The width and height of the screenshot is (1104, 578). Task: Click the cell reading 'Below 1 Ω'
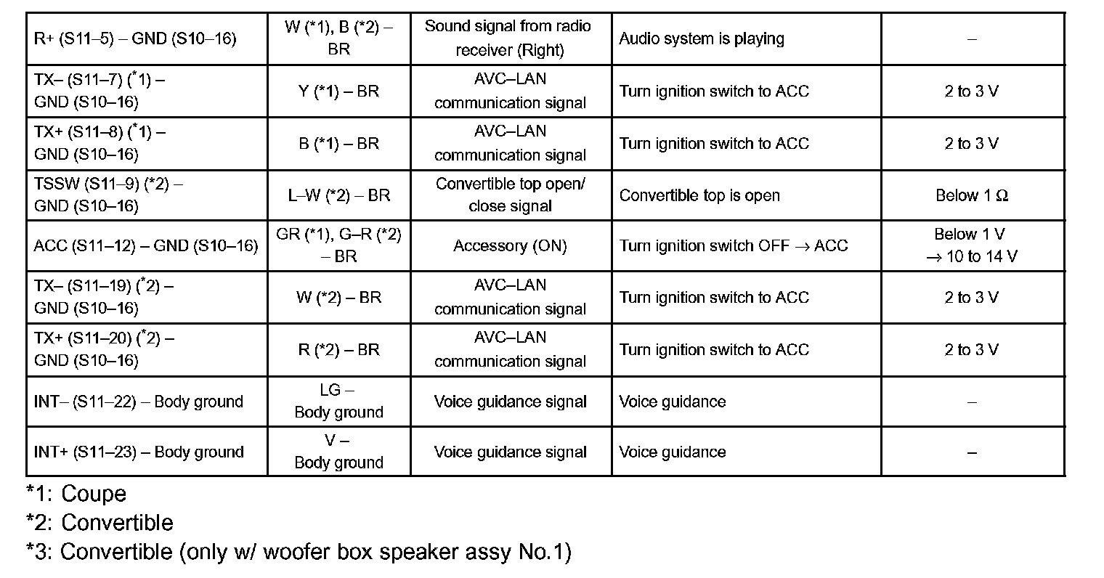point(972,195)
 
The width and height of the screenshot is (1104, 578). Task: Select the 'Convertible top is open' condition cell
point(699,195)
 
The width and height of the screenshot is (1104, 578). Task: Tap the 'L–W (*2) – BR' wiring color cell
point(338,195)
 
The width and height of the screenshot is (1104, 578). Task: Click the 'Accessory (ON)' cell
point(510,246)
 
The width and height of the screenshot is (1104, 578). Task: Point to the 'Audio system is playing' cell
point(701,38)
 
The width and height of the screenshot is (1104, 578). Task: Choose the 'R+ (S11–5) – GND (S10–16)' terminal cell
point(135,38)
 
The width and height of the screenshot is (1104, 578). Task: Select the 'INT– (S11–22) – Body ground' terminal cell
point(139,402)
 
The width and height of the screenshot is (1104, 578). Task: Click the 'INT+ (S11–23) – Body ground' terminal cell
point(139,452)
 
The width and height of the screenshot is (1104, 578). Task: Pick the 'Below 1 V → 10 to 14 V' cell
point(972,245)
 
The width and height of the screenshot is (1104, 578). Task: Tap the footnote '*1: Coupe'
point(76,494)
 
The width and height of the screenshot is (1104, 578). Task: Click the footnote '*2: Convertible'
point(100,523)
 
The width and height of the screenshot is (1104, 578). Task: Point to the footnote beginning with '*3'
point(299,552)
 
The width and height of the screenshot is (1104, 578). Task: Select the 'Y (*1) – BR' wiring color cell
point(338,91)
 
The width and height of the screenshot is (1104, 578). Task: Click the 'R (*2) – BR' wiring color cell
point(338,350)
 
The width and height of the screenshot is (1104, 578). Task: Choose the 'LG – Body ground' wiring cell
point(338,401)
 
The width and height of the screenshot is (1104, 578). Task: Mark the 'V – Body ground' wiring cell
point(338,452)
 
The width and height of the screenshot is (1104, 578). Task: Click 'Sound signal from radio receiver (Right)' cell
point(510,38)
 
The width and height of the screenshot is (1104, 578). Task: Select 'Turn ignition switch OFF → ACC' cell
point(734,246)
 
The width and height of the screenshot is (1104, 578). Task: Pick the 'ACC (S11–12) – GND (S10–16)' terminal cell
point(145,246)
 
